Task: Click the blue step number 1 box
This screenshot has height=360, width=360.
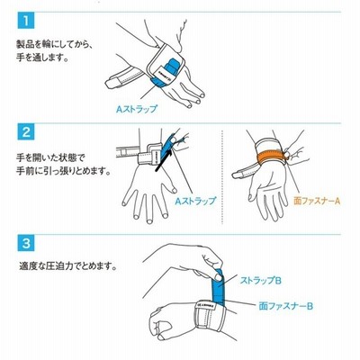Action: [x=26, y=21]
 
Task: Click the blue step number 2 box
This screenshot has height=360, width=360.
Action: [x=26, y=131]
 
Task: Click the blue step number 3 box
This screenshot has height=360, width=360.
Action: [x=26, y=243]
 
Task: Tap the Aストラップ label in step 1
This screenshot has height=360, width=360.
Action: [x=137, y=109]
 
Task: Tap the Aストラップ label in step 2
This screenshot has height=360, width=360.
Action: [x=195, y=201]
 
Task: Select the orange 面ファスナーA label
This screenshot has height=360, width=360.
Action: [x=317, y=201]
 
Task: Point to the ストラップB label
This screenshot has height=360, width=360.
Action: [x=260, y=281]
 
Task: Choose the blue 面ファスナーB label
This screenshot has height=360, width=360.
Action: [x=285, y=306]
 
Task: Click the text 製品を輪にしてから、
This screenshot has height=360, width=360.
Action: [x=55, y=44]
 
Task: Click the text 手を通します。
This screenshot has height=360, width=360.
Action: [x=42, y=57]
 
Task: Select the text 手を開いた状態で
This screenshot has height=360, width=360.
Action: [x=50, y=157]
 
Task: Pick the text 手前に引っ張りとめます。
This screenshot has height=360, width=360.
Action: [x=63, y=172]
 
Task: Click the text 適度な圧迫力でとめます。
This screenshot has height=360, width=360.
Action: [x=67, y=265]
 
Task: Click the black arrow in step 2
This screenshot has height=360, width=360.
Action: [x=164, y=160]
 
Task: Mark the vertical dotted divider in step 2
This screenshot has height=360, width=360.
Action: [x=221, y=177]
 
